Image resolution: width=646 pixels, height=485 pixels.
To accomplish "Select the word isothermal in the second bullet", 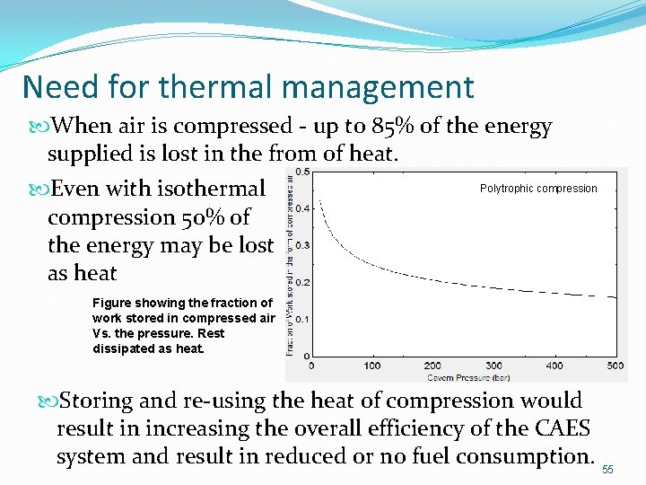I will [212, 189].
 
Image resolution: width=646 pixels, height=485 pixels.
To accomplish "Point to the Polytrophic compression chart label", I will [538, 189].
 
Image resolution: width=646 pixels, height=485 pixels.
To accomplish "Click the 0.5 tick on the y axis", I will [303, 172].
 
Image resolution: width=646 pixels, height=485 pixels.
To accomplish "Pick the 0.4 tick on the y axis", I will [303, 208].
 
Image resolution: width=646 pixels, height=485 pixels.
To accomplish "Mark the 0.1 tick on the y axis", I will [303, 319].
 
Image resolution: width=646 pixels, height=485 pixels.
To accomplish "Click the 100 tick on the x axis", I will [371, 366].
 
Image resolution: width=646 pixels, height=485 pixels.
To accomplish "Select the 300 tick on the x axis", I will [493, 366].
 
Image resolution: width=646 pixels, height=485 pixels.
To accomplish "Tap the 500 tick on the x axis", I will [615, 366].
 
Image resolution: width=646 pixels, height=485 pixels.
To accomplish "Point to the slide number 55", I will [608, 470].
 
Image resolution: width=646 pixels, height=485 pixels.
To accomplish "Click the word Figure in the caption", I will [113, 303].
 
